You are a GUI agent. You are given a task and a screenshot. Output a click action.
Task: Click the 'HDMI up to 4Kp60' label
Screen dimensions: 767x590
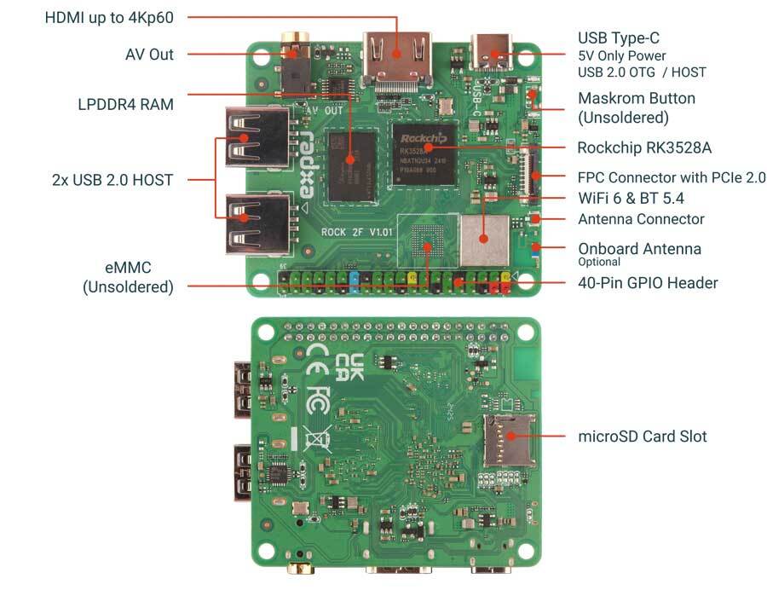(x=113, y=17)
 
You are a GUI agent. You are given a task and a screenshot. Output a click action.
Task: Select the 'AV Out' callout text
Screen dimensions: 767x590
(x=149, y=55)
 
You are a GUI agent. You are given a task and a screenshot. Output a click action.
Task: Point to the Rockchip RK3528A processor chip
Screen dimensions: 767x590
(x=423, y=152)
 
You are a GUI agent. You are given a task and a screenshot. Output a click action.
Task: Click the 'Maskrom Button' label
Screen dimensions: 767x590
(x=636, y=98)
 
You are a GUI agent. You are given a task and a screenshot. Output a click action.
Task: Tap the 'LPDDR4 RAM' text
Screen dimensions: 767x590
(x=124, y=105)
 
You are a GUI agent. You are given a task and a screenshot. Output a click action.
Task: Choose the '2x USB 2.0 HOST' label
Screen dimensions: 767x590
(x=111, y=180)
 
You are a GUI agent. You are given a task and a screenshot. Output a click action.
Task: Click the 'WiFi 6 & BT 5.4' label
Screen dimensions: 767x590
(x=631, y=199)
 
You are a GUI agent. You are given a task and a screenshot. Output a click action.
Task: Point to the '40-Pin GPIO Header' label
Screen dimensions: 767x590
(x=648, y=282)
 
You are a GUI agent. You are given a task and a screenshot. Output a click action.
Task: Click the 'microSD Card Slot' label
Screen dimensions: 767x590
(x=642, y=437)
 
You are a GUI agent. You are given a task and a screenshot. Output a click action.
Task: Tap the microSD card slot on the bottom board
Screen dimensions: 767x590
(x=509, y=440)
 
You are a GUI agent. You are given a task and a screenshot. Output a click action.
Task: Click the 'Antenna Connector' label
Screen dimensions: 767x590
(x=641, y=219)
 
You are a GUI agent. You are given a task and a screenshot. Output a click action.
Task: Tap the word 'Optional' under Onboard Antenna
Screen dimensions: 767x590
(x=600, y=262)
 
